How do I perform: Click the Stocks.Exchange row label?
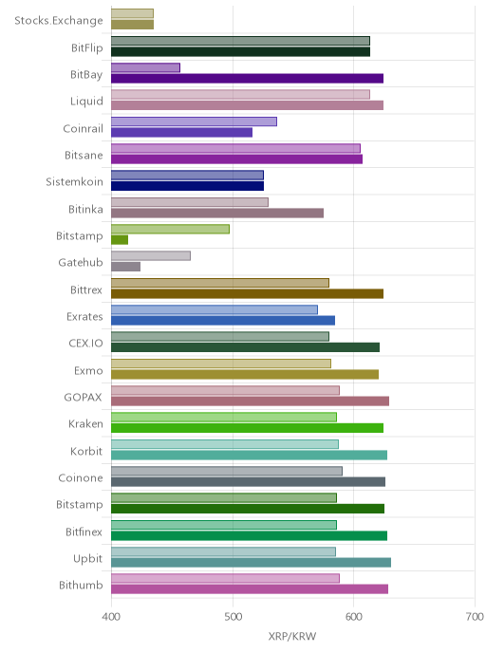(x=58, y=21)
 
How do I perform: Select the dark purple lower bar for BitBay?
(x=247, y=79)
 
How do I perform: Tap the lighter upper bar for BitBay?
(x=145, y=68)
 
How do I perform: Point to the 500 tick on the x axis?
(x=233, y=616)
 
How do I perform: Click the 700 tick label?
(x=475, y=616)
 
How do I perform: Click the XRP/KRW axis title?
(x=292, y=636)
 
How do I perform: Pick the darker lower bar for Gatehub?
(x=125, y=267)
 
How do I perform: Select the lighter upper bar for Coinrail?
(x=194, y=121)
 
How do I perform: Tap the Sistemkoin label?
(x=74, y=182)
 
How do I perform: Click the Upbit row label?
(x=87, y=559)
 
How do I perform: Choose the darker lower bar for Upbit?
(x=251, y=563)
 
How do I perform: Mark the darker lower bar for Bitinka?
(x=217, y=213)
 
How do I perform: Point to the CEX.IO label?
(x=85, y=344)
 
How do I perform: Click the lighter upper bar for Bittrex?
(x=220, y=283)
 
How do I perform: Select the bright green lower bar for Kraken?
(x=247, y=428)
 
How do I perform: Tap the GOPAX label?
(x=83, y=398)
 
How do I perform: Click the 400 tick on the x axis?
(x=111, y=616)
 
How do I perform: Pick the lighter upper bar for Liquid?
(x=240, y=95)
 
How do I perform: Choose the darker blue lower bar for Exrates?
(x=223, y=320)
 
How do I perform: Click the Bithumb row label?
(x=81, y=586)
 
